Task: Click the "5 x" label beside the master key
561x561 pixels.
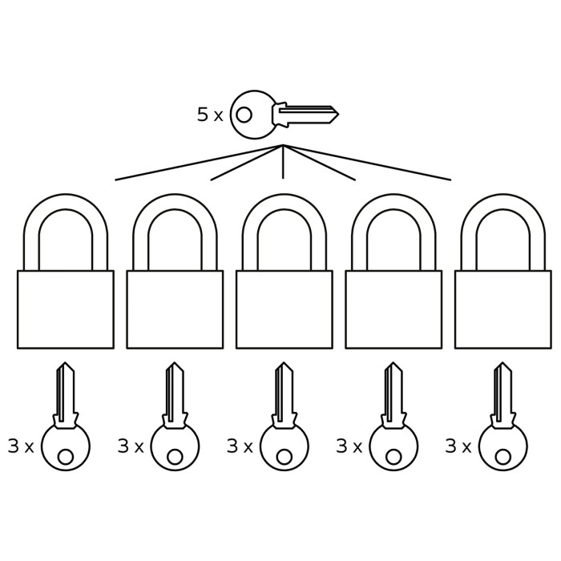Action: [210, 115]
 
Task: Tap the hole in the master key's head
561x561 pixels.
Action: [244, 115]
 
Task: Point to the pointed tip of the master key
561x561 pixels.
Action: [338, 115]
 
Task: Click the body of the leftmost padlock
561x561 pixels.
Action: [66, 309]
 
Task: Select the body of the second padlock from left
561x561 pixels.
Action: [175, 309]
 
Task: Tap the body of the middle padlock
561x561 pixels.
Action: [285, 309]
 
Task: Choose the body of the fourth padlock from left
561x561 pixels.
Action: [394, 309]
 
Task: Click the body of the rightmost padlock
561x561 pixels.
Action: [503, 309]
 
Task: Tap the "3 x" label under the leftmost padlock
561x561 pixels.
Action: [21, 446]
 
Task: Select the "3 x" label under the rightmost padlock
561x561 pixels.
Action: [458, 446]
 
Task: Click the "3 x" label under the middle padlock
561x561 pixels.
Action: [240, 446]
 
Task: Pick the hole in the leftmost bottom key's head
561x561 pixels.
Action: [66, 457]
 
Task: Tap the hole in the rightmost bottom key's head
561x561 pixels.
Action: [503, 457]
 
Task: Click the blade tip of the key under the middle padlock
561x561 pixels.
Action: [284, 363]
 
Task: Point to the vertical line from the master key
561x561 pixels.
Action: [283, 161]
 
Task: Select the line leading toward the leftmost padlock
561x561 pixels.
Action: [199, 163]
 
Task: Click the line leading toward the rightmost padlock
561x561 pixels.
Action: [367, 163]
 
